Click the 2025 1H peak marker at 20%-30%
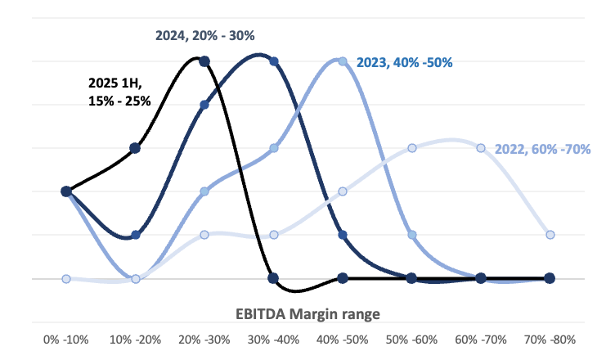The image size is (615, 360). tap(204, 61)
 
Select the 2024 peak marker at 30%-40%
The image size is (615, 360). tap(274, 61)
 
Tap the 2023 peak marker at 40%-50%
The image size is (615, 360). tap(343, 61)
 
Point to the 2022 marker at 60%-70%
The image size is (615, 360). tap(481, 148)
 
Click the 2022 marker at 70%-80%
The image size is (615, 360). tap(550, 235)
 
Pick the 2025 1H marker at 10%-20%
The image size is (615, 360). tap(136, 148)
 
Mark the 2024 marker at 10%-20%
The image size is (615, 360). tap(136, 235)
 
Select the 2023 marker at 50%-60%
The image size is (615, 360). tap(412, 235)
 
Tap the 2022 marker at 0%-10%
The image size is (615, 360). tap(66, 278)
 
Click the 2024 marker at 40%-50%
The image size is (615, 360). tap(343, 235)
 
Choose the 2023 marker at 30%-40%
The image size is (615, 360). tap(274, 148)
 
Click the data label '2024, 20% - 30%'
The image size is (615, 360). tap(205, 36)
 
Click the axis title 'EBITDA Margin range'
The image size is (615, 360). tap(307, 313)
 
